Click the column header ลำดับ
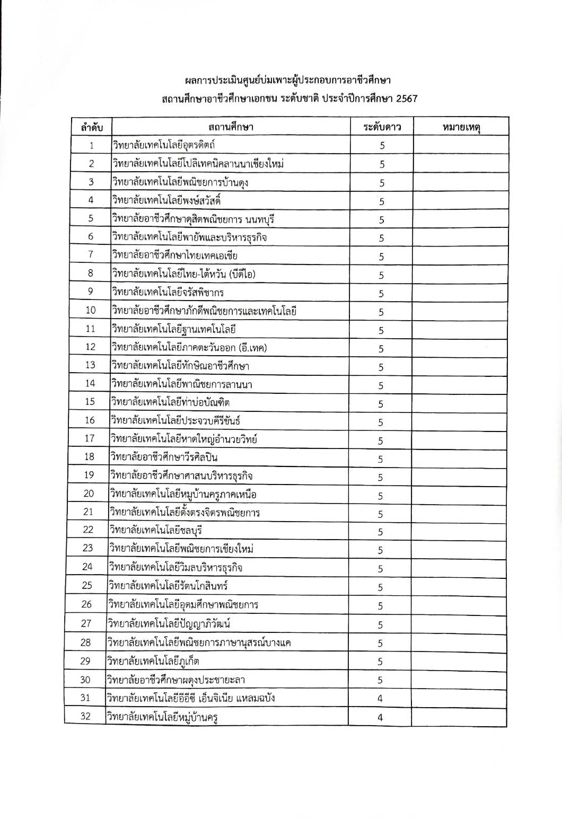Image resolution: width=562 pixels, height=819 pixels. pos(92,128)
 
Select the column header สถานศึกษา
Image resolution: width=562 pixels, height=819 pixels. pos(231,127)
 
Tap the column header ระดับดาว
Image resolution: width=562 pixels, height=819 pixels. pos(381,127)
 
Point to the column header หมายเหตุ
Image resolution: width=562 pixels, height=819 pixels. pos(460,127)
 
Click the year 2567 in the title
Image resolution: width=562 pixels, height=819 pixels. pos(407,99)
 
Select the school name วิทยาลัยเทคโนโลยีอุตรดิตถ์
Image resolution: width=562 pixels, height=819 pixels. pos(163,145)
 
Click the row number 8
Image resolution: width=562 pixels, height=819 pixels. pos(91,273)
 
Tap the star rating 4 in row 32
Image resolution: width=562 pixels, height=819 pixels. pos(380,717)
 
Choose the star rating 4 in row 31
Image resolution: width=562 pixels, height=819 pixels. pos(380,699)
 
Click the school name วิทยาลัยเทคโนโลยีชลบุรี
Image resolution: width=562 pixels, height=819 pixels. pos(156,530)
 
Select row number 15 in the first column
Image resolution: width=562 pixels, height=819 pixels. pos(90,402)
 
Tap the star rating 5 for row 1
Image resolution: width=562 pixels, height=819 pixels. pos(382,146)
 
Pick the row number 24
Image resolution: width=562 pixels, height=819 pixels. pos(87,567)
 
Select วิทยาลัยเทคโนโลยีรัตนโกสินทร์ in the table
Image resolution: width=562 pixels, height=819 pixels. pos(168,586)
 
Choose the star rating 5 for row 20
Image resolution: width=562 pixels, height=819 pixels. pos(381,496)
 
